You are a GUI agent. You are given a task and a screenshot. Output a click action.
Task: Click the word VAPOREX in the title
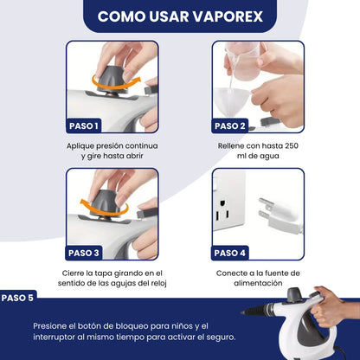(228, 16)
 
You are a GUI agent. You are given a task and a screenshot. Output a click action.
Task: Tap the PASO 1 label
(84, 126)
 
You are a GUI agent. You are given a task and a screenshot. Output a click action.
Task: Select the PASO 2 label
(229, 126)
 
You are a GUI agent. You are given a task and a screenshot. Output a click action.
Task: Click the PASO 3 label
(84, 253)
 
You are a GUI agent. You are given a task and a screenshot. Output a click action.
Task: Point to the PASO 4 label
(229, 253)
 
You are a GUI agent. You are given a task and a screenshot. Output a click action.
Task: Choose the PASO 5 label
(17, 298)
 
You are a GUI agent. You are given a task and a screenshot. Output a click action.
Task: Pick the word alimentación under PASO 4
(258, 283)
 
